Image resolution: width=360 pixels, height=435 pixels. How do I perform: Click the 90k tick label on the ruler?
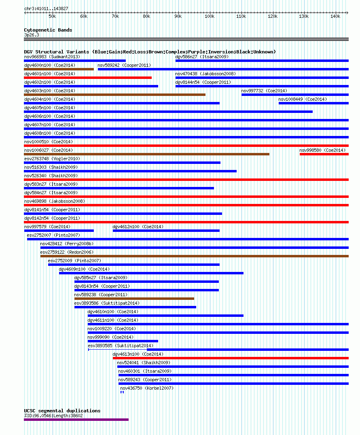(x=178, y=16)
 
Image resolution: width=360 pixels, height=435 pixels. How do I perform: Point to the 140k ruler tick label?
(x=335, y=16)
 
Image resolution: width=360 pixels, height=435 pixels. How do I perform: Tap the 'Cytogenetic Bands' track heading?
(x=48, y=30)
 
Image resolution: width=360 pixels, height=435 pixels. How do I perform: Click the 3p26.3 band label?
(x=32, y=35)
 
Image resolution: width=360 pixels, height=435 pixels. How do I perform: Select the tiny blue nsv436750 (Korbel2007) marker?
(x=122, y=392)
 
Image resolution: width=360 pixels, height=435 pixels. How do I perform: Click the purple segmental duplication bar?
(x=76, y=420)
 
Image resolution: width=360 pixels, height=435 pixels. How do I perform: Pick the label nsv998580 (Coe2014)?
(x=322, y=150)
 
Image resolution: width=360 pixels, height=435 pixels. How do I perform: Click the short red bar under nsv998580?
(x=324, y=154)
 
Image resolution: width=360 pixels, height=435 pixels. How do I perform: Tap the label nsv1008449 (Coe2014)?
(x=303, y=99)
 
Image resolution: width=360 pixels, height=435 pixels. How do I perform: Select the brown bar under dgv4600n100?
(x=59, y=69)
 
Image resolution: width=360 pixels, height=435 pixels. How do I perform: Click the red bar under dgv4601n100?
(x=88, y=78)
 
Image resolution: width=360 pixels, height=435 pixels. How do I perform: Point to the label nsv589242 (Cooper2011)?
(x=124, y=65)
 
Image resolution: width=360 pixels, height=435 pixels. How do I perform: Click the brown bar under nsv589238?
(x=134, y=299)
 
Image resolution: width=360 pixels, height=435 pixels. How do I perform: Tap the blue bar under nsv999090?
(x=123, y=341)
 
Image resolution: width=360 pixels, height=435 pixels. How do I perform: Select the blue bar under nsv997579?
(x=59, y=231)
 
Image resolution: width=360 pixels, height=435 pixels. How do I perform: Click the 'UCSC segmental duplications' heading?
(x=62, y=411)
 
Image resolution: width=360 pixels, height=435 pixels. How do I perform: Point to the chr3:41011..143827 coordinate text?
(x=46, y=8)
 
